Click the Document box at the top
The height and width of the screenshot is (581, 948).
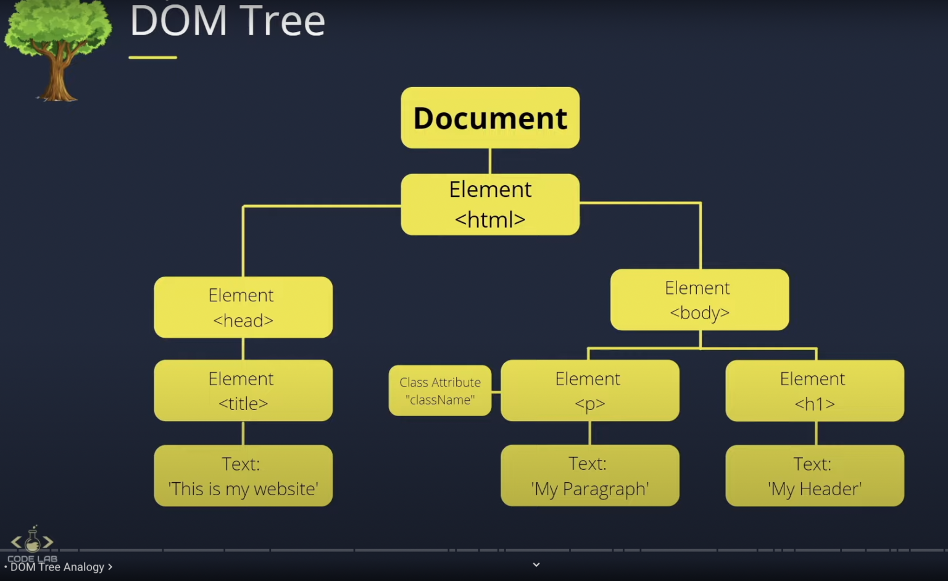click(490, 117)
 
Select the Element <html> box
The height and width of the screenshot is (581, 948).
click(490, 204)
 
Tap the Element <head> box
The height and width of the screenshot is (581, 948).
click(243, 307)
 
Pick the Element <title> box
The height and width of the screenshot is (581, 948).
click(243, 390)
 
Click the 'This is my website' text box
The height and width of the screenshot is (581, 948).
click(243, 475)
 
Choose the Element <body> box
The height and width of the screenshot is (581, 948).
click(699, 299)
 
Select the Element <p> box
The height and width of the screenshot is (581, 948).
click(589, 390)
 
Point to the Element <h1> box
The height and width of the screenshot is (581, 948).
click(815, 390)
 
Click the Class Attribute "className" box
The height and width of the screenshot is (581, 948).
click(440, 390)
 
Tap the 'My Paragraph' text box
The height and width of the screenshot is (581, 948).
click(589, 475)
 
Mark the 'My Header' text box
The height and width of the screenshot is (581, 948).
click(815, 475)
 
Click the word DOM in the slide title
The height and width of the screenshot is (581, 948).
click(178, 21)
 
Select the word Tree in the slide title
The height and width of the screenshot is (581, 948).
click(283, 21)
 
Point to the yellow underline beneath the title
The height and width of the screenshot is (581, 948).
click(152, 57)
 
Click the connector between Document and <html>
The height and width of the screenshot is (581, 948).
click(490, 161)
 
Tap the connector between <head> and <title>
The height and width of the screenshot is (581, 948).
click(243, 349)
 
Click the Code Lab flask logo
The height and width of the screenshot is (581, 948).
click(32, 541)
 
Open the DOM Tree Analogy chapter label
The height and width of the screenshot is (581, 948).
click(59, 567)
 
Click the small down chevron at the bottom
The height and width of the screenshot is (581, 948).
click(536, 564)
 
